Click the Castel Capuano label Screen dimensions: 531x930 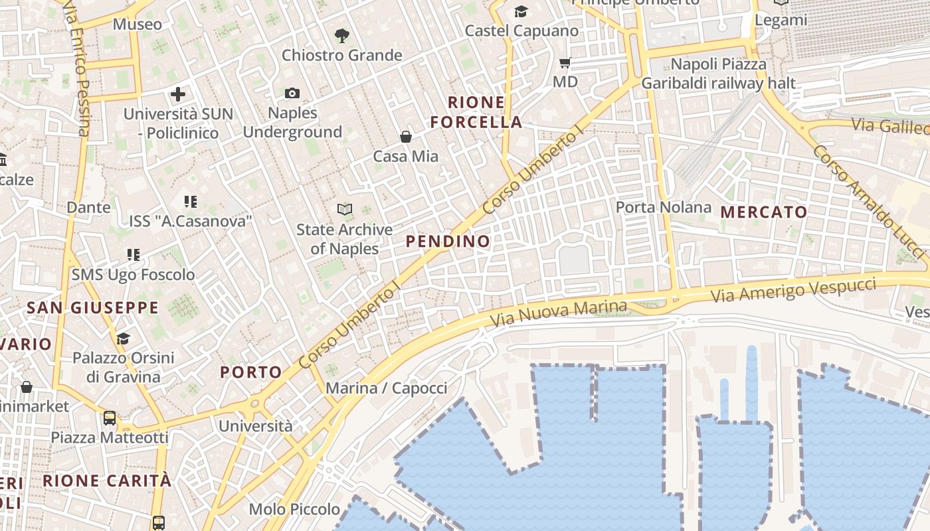click(521, 31)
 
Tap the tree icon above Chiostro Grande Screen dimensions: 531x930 click(342, 35)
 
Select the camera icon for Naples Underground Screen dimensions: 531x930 click(292, 94)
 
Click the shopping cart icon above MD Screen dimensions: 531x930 click(565, 63)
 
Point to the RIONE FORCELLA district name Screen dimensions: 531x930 click(476, 112)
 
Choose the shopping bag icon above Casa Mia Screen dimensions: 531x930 click(406, 137)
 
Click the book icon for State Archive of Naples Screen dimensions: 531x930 click(345, 210)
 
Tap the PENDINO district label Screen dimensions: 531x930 click(448, 241)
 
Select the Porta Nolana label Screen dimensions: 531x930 click(664, 207)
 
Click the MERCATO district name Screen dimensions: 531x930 click(764, 212)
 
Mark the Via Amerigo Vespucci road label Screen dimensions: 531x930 click(794, 291)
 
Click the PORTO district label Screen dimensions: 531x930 click(251, 372)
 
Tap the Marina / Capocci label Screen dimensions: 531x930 click(387, 388)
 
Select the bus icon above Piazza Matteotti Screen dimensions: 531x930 click(110, 418)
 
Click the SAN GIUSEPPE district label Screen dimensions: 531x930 click(92, 308)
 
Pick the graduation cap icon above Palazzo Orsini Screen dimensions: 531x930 click(123, 339)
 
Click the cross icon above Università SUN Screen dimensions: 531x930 click(178, 94)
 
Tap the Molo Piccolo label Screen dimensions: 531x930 click(294, 509)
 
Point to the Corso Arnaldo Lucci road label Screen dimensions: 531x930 click(868, 202)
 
